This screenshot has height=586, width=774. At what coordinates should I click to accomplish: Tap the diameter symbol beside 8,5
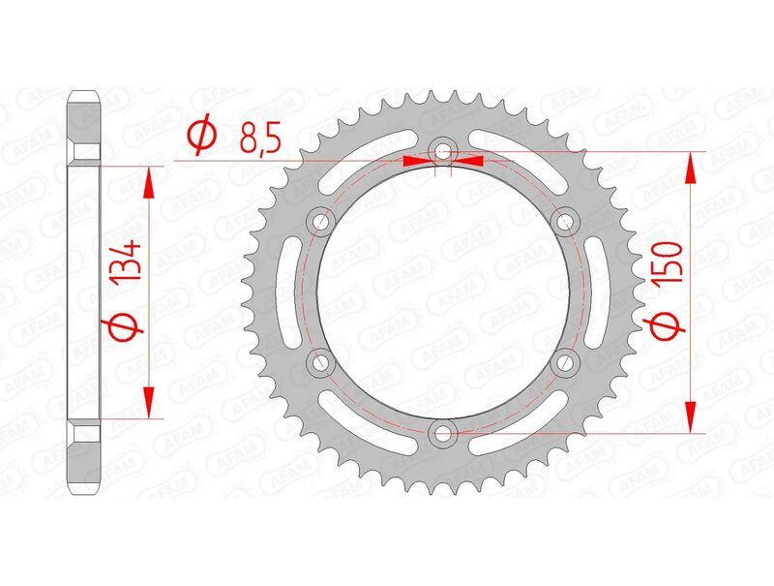201,138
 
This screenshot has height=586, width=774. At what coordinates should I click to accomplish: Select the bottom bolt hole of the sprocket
443,432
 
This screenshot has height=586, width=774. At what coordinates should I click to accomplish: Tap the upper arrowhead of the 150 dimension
690,167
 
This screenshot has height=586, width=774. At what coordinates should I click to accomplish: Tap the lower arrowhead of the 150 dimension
690,417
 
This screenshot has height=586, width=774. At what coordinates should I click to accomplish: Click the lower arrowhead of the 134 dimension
148,403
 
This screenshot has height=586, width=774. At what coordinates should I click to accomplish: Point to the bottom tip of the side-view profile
84,491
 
